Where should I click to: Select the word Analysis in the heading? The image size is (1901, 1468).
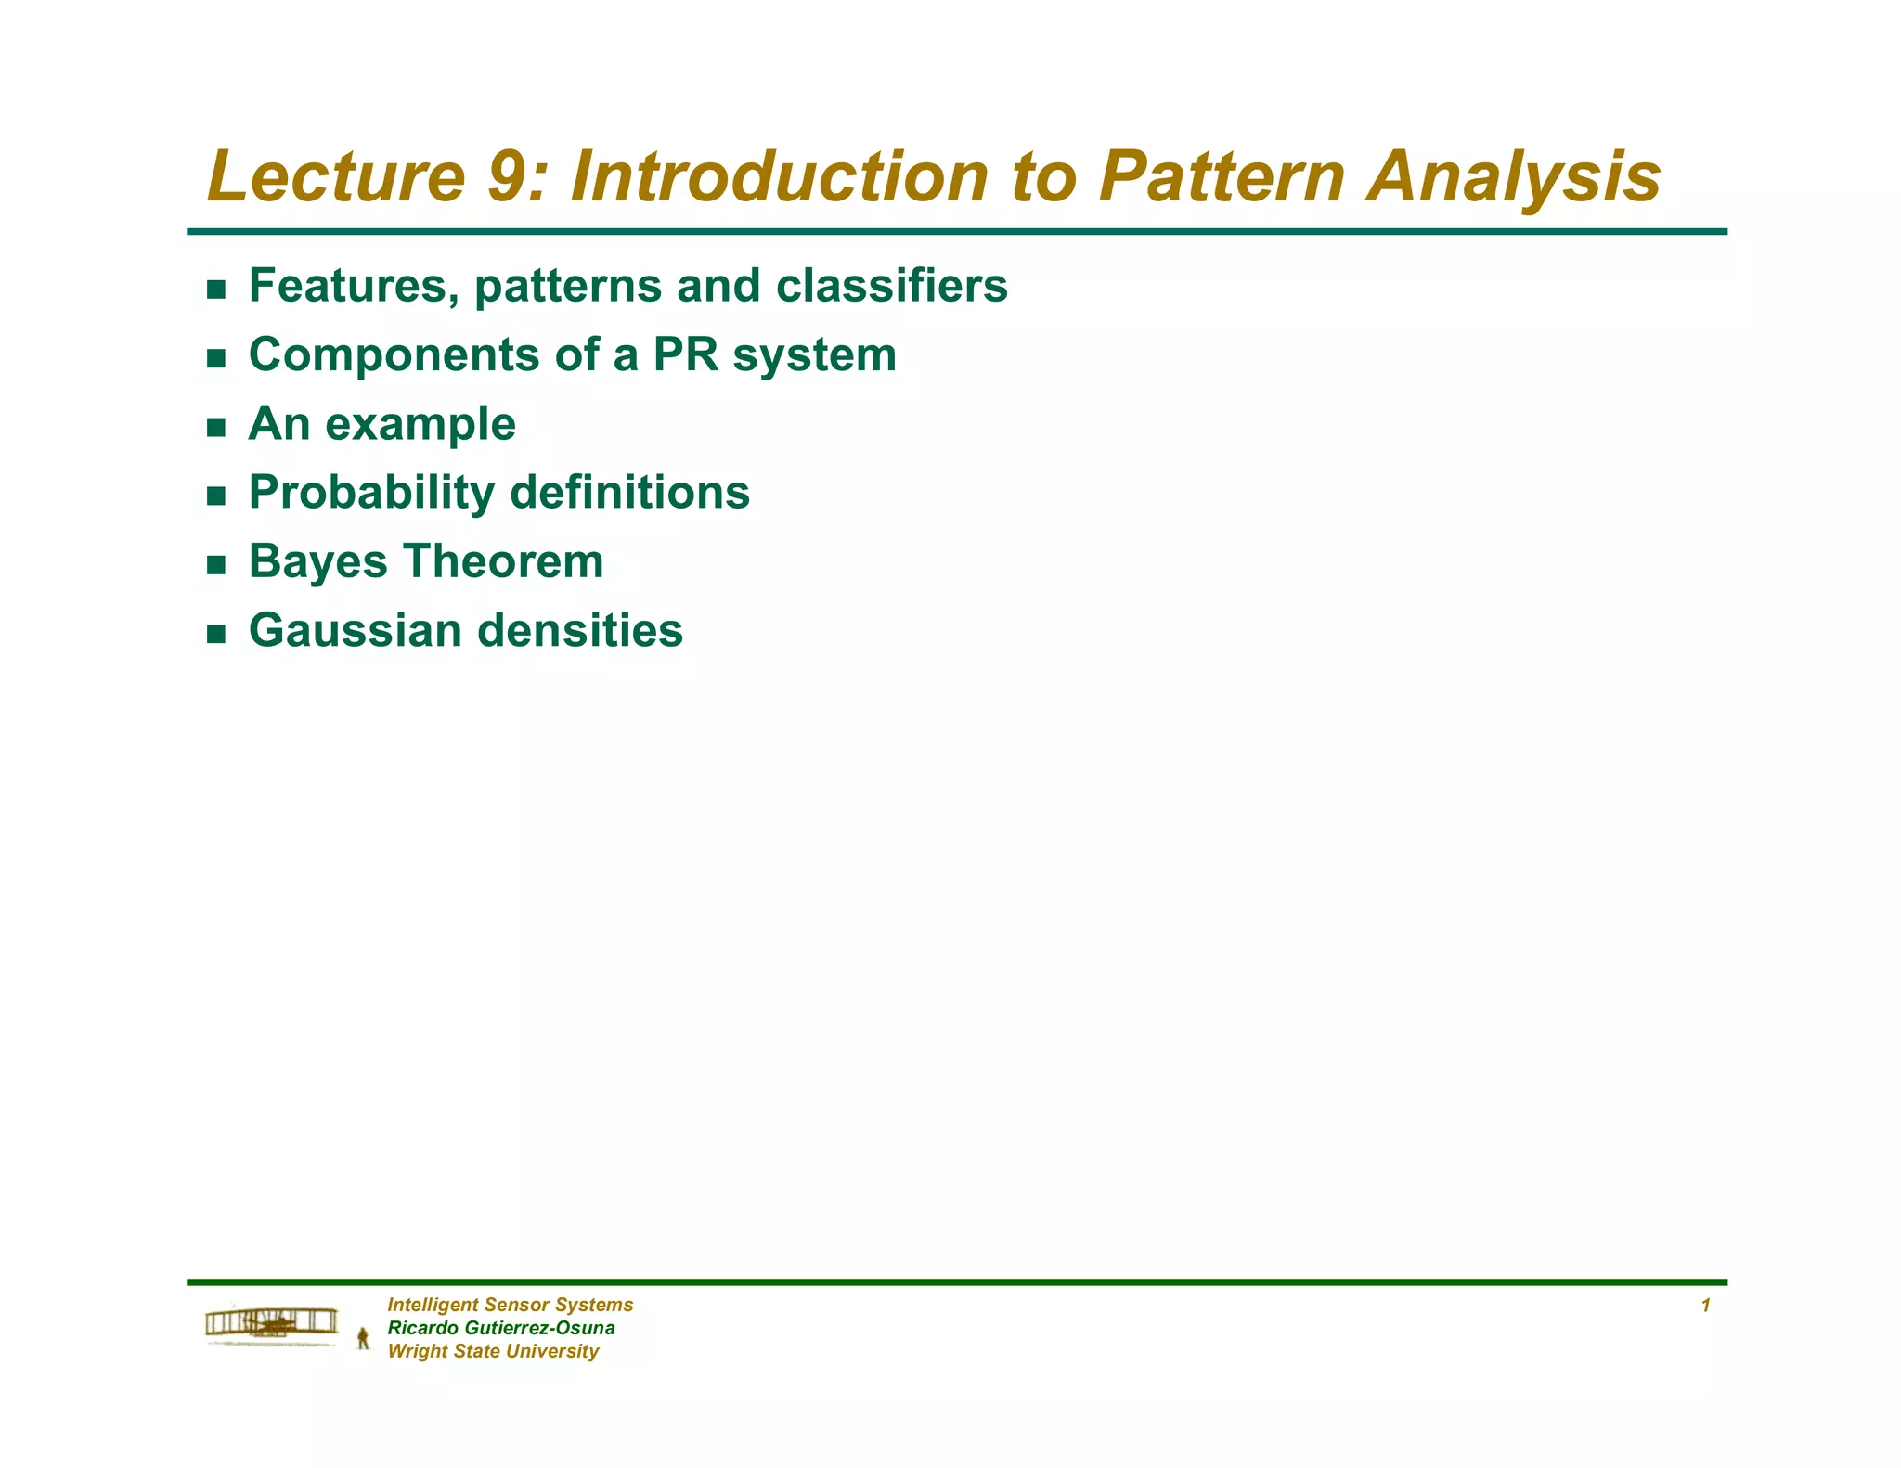click(x=1513, y=178)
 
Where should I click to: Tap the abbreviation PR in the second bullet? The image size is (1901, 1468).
click(x=686, y=354)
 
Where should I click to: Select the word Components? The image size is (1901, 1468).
click(x=394, y=356)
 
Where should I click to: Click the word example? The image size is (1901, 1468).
click(x=420, y=425)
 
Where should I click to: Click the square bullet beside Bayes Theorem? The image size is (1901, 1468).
click(x=216, y=565)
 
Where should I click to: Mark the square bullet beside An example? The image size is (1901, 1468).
click(x=216, y=428)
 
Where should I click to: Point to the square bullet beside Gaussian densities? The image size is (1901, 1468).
click(x=216, y=634)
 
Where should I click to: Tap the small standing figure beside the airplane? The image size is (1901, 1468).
click(x=363, y=1338)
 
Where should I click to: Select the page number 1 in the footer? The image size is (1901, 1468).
click(x=1705, y=1306)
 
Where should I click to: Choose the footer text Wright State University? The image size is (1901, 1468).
click(x=493, y=1351)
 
